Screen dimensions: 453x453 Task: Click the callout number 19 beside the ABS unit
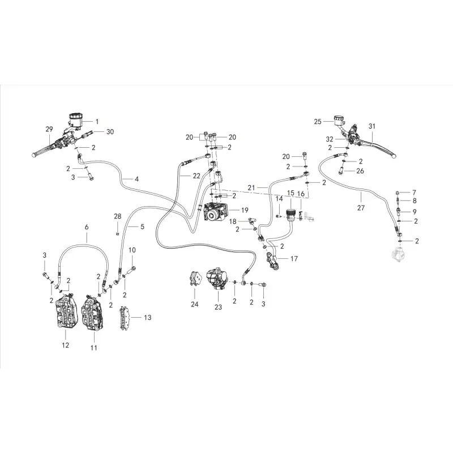(x=245, y=210)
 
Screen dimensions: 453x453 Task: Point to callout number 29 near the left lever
(x=49, y=129)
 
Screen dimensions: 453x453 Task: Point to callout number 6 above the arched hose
(x=87, y=228)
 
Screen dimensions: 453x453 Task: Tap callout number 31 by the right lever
(x=372, y=126)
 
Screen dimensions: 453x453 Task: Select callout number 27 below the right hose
(x=361, y=208)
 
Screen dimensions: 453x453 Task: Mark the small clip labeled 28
(x=117, y=233)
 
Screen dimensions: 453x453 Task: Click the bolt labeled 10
(x=131, y=270)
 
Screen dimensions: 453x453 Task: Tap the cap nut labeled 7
(x=398, y=193)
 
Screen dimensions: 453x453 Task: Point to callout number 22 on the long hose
(x=196, y=176)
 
